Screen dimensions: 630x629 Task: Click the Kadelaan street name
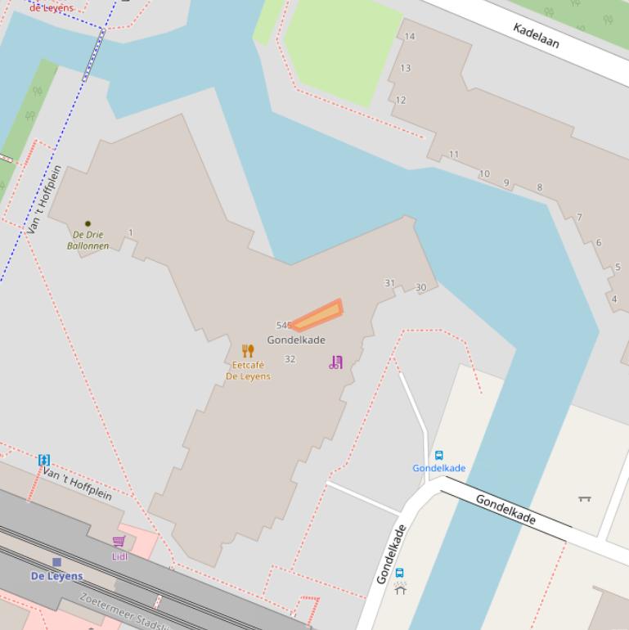(x=536, y=35)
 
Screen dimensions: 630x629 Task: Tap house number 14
(x=410, y=36)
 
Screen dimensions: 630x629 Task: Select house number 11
(x=454, y=154)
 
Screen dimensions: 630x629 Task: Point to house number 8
(x=539, y=187)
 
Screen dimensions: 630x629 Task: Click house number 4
(x=614, y=299)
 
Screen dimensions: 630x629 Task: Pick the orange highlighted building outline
(x=318, y=315)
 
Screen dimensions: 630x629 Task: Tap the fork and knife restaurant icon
(x=248, y=351)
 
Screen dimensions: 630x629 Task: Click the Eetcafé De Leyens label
(x=248, y=371)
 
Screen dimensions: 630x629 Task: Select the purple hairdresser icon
(x=336, y=362)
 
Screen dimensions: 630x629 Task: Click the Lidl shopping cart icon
(x=119, y=542)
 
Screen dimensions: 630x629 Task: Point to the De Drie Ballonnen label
(x=88, y=240)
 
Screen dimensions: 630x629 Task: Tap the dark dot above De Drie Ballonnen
(x=88, y=223)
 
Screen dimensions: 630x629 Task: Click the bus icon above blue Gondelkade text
(x=438, y=456)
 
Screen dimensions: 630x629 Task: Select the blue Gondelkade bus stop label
(x=438, y=468)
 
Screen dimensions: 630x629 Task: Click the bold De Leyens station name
(x=56, y=576)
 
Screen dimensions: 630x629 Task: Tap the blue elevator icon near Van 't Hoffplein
(x=44, y=460)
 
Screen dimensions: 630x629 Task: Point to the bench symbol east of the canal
(x=584, y=497)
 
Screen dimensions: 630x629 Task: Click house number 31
(x=390, y=283)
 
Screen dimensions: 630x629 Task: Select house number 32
(x=290, y=359)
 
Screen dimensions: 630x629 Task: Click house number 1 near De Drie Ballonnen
(x=130, y=233)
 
